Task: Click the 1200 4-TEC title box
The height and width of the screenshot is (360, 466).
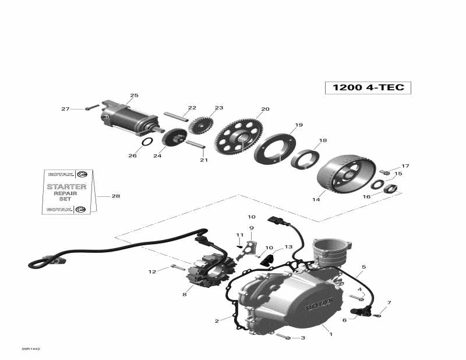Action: tap(368, 87)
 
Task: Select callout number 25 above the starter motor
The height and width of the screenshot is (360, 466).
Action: tap(134, 96)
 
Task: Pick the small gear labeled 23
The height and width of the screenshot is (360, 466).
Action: tap(201, 126)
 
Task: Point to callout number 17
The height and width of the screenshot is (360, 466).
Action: tap(406, 166)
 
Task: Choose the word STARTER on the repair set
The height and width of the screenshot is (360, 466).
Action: tap(66, 187)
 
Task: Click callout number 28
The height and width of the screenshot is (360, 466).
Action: tap(115, 196)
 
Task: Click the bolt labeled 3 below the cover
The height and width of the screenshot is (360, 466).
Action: tap(283, 336)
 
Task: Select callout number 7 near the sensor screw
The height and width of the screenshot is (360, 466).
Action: tap(389, 303)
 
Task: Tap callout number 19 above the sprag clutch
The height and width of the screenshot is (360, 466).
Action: tap(299, 125)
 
